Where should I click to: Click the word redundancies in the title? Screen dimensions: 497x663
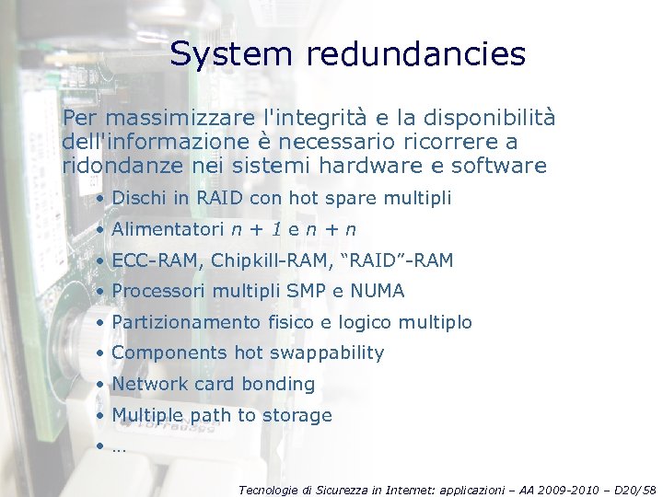pyautogui.click(x=416, y=54)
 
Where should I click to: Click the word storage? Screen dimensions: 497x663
pyautogui.click(x=297, y=415)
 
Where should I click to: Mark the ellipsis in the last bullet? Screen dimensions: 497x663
pyautogui.click(x=119, y=448)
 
